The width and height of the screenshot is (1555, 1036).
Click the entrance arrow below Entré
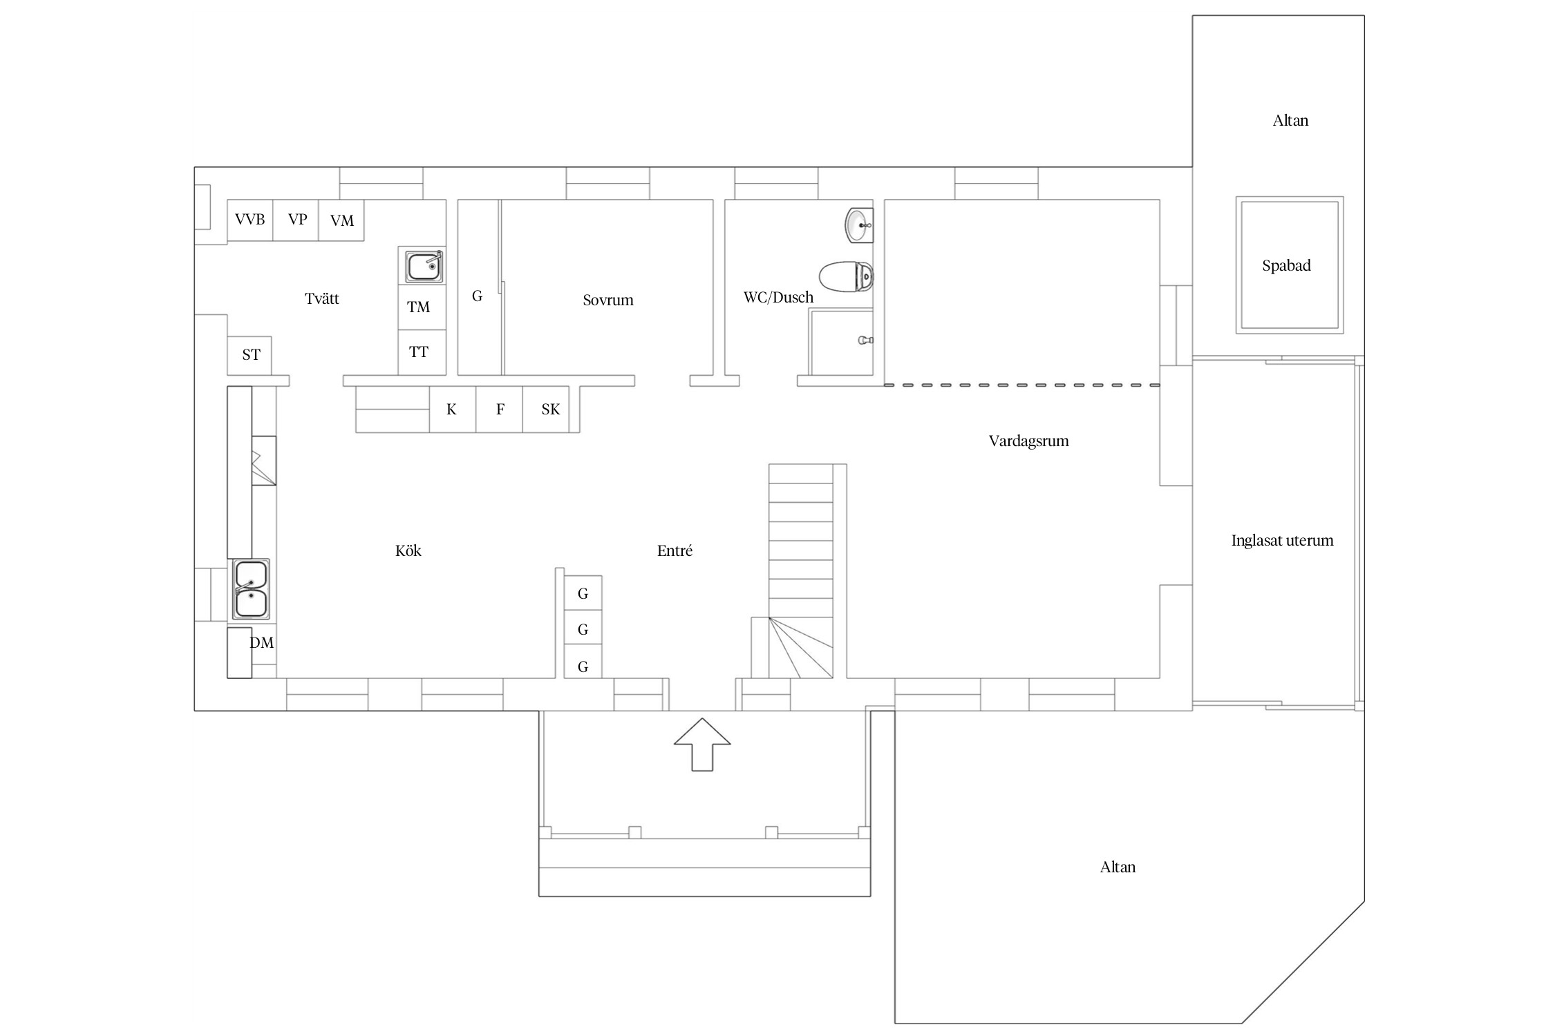702,744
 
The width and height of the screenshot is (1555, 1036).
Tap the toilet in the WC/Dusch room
846,276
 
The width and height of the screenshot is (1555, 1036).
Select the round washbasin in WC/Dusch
859,225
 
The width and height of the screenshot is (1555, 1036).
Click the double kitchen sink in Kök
250,589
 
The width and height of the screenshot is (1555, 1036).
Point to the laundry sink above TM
424,265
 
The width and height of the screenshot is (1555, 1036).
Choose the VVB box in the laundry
250,220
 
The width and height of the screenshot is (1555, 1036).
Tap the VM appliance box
341,220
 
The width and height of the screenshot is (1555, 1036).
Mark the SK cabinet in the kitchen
551,410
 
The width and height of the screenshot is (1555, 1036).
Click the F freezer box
500,410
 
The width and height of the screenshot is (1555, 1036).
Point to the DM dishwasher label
262,643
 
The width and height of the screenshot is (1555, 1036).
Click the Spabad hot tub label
1286,266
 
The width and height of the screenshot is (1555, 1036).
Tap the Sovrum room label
608,300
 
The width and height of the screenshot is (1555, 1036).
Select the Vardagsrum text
1028,441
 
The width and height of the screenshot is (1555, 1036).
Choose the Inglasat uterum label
1282,541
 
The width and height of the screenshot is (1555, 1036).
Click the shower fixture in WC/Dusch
866,340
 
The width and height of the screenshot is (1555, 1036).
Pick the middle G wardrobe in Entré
583,629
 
